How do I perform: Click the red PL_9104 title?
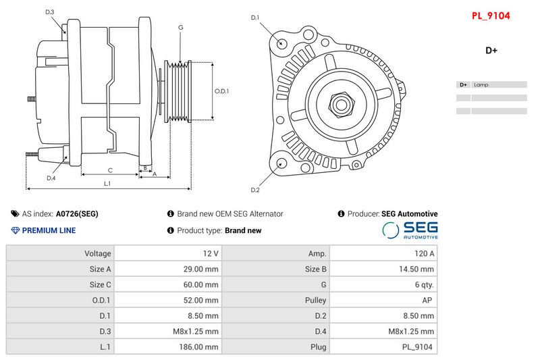pyautogui.click(x=491, y=15)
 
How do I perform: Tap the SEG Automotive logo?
pyautogui.click(x=410, y=230)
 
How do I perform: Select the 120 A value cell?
pyautogui.click(x=383, y=253)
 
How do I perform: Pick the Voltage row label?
pyautogui.click(x=60, y=253)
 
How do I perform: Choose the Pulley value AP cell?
pyautogui.click(x=383, y=300)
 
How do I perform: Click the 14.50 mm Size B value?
pyautogui.click(x=383, y=269)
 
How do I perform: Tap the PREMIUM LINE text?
pyautogui.click(x=49, y=230)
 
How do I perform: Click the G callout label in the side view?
pyautogui.click(x=181, y=28)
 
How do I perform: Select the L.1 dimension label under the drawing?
pyautogui.click(x=107, y=184)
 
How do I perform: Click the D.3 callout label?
pyautogui.click(x=50, y=12)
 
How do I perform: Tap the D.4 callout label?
pyautogui.click(x=51, y=178)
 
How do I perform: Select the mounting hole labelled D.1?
pyautogui.click(x=282, y=43)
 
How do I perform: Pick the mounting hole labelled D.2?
pyautogui.click(x=281, y=163)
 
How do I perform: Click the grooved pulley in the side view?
pyautogui.click(x=180, y=93)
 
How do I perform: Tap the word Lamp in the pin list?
pyautogui.click(x=481, y=85)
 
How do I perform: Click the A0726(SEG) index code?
pyautogui.click(x=77, y=214)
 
